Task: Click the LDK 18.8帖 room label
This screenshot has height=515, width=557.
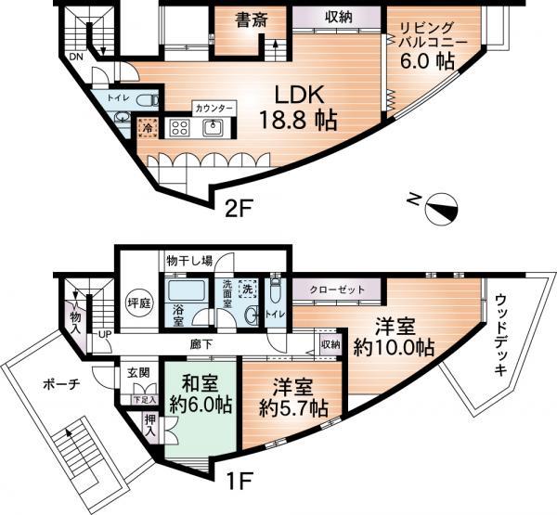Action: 297,108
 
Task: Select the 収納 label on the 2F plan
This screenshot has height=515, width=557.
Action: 338,18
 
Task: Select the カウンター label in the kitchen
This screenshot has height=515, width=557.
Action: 213,108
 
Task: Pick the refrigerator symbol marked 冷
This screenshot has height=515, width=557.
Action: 148,127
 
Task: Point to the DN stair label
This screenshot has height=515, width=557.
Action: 75,56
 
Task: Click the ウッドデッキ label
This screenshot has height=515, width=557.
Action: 501,334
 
